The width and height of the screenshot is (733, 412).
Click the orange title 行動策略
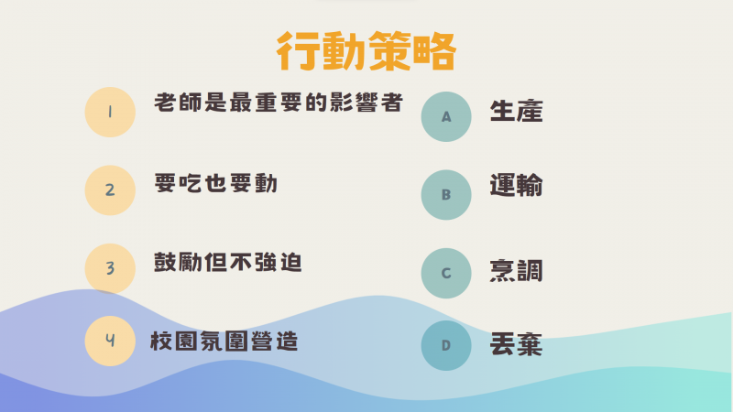point(366,51)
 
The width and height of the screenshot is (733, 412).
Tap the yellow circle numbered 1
point(110,112)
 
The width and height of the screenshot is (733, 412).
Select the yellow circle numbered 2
point(110,190)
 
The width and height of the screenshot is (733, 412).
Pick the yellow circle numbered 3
point(110,268)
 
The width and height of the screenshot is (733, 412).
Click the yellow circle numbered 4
point(110,341)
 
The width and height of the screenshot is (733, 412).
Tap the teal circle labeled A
point(446,117)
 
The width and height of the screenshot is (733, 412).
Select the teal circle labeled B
point(446,195)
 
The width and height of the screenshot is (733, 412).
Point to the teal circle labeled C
point(446,273)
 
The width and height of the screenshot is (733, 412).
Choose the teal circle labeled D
point(446,346)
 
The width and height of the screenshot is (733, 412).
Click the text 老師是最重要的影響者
point(279,103)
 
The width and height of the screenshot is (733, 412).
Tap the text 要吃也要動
point(216,183)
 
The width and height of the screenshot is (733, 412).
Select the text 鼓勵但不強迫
point(228,262)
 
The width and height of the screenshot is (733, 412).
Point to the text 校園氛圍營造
point(224,342)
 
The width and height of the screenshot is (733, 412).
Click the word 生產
point(516,111)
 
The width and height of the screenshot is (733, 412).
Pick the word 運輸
point(516,185)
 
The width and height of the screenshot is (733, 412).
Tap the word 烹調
point(516,271)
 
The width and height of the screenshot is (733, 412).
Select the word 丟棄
point(516,345)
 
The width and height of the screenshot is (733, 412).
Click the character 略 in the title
point(434,51)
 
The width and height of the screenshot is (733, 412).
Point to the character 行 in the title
point(297,51)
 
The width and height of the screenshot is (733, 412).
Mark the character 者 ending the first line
point(392,103)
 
